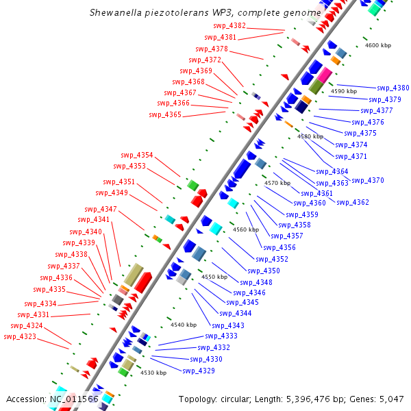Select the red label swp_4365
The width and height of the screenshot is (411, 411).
pyautogui.click(x=165, y=114)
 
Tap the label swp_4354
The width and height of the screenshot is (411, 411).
pyautogui.click(x=137, y=155)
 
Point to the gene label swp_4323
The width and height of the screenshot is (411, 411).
pyautogui.click(x=20, y=336)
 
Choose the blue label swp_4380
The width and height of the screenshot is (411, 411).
pyautogui.click(x=393, y=88)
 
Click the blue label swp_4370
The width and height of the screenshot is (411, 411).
pyautogui.click(x=368, y=180)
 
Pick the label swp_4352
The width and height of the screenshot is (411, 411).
pyautogui.click(x=272, y=259)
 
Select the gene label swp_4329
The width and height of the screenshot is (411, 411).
pyautogui.click(x=198, y=371)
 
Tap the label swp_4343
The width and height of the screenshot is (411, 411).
pyautogui.click(x=228, y=325)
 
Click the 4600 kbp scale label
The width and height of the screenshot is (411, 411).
pyautogui.click(x=378, y=45)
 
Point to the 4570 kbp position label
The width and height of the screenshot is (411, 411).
pyautogui.click(x=277, y=183)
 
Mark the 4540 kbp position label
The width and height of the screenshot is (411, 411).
pyautogui.click(x=184, y=325)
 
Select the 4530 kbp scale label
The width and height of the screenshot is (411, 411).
pyautogui.click(x=153, y=373)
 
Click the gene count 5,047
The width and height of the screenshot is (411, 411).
pyautogui.click(x=391, y=399)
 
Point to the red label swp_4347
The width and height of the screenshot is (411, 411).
pyautogui.click(x=101, y=209)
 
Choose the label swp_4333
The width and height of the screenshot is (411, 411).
pyautogui.click(x=221, y=336)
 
